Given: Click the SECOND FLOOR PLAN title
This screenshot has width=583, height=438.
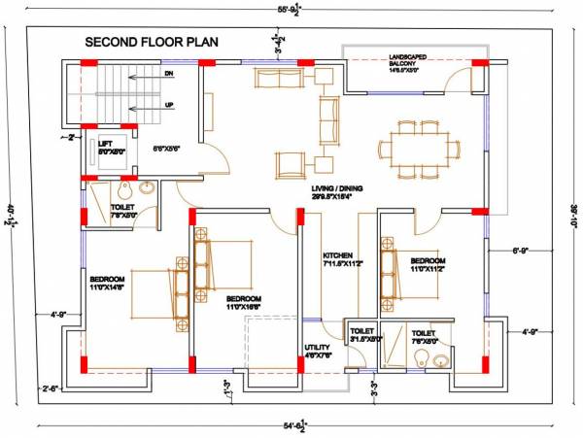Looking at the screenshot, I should (152, 42).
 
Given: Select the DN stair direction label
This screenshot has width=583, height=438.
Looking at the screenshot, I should (170, 73).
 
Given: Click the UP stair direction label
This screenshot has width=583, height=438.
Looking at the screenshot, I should (170, 104).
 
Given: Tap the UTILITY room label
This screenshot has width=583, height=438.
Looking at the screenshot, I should (319, 350).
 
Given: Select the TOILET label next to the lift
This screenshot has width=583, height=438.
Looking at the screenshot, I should (122, 210).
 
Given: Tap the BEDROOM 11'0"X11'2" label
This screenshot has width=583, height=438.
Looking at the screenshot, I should (428, 265).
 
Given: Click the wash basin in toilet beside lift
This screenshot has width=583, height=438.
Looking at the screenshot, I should (146, 188).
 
